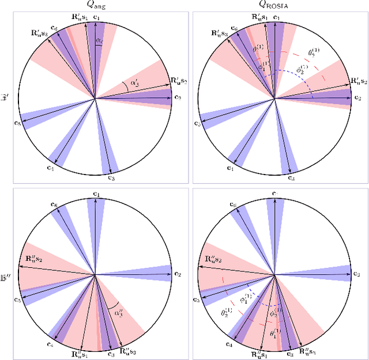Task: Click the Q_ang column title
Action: click(x=96, y=6)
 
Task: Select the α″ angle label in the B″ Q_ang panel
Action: click(x=118, y=313)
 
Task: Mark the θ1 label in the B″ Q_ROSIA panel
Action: click(x=276, y=333)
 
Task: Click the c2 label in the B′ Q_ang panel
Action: click(x=177, y=98)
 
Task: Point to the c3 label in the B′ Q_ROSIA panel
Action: click(x=292, y=179)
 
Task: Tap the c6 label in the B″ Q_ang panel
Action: click(x=54, y=205)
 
